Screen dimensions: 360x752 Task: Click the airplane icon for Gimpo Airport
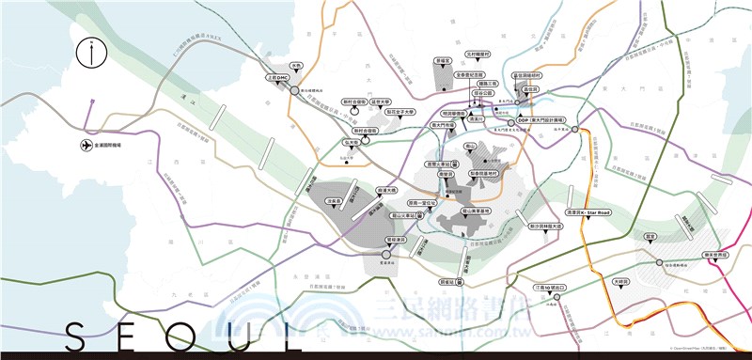click(86, 146)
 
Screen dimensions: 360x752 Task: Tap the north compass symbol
click(90, 53)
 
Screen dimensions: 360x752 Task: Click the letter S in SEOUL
click(77, 337)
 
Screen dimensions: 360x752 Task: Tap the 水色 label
click(296, 65)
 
